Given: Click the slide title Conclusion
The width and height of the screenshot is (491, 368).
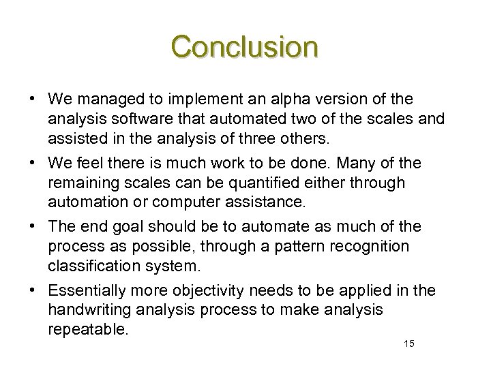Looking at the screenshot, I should click(x=245, y=47).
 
